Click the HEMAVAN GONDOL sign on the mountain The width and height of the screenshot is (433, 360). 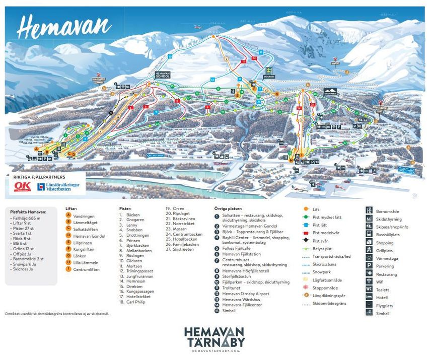coord(163,74)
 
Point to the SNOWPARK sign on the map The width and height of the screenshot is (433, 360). coord(330,92)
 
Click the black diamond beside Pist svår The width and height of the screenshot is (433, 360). coord(306,241)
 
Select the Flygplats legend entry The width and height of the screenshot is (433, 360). coord(383,306)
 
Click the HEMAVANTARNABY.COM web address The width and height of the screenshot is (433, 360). coord(214,351)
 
